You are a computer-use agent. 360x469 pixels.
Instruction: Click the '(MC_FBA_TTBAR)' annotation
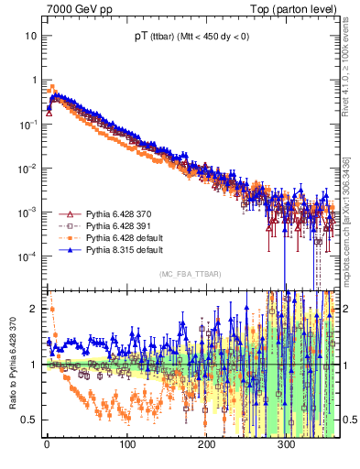pyautogui.click(x=190, y=274)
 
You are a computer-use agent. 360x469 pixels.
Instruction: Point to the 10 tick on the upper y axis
pyautogui.click(x=31, y=36)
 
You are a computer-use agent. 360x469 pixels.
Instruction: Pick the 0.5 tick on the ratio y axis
pyautogui.click(x=30, y=420)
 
